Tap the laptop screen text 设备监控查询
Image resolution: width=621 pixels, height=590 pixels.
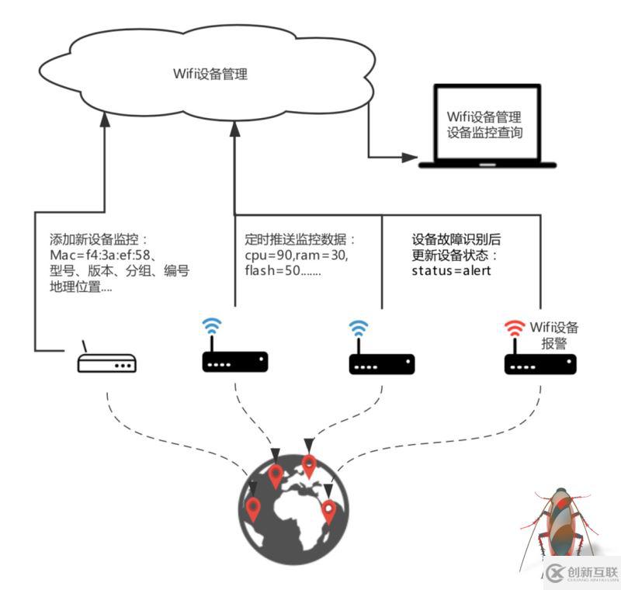tap(484, 133)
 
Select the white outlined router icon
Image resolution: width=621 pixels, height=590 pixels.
tap(107, 363)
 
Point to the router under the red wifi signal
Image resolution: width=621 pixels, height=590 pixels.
tap(540, 363)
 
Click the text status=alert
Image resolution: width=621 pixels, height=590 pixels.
tap(451, 270)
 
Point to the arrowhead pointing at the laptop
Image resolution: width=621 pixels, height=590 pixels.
tap(410, 157)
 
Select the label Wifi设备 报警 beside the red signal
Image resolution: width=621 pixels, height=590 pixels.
tap(553, 335)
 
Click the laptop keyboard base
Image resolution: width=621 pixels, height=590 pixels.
tap(487, 165)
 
